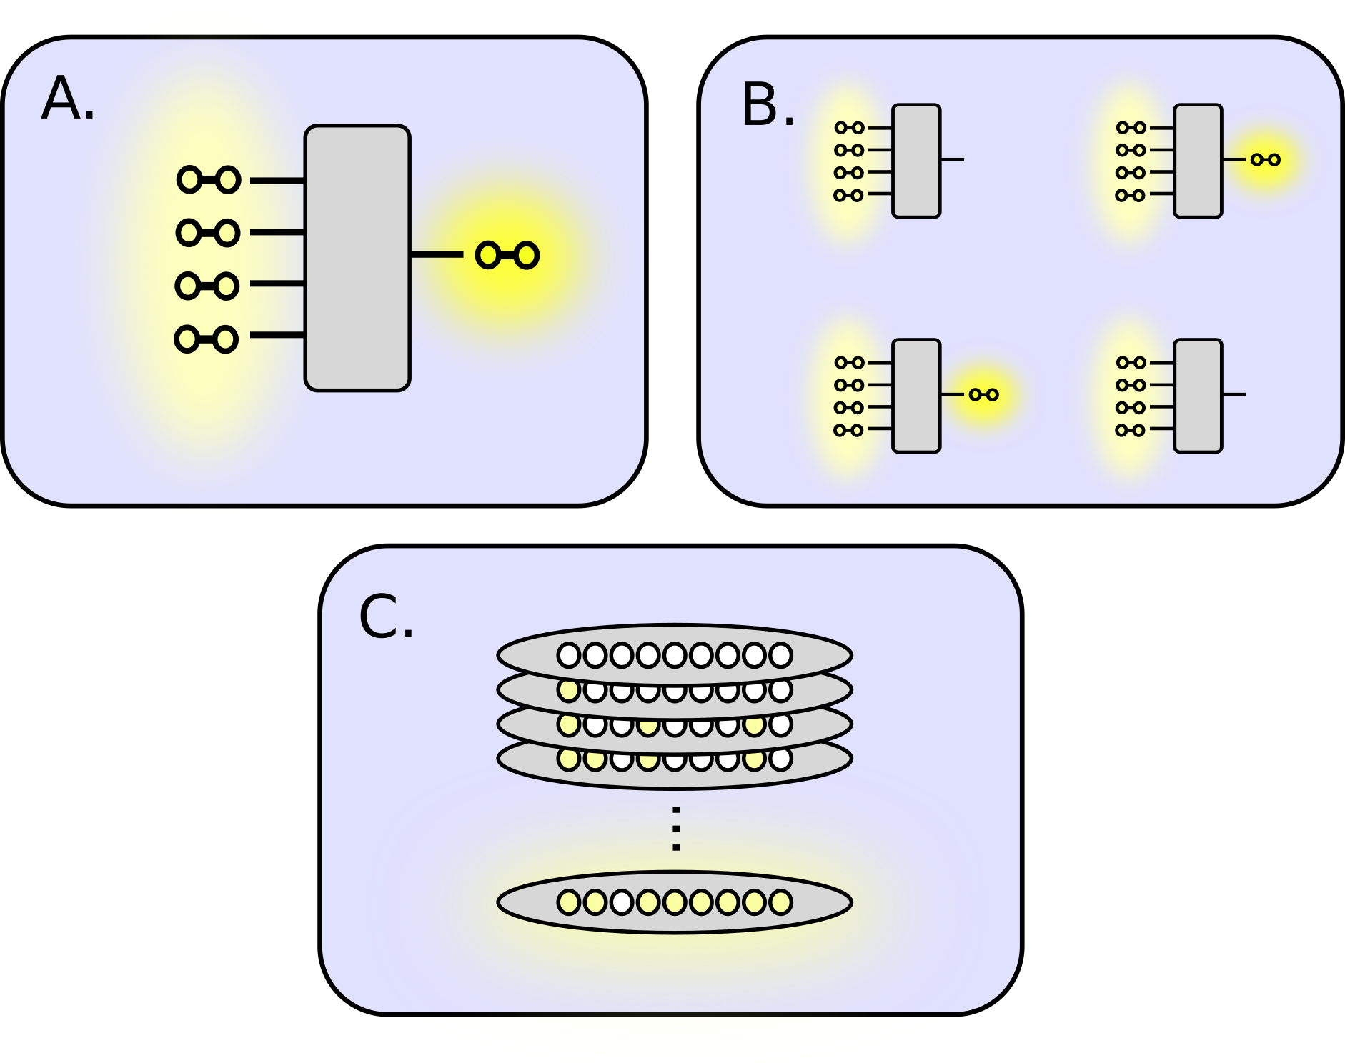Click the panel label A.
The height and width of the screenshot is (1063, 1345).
[x=67, y=99]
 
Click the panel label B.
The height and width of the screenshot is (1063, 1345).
[x=768, y=106]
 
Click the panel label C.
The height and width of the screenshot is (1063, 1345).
[x=386, y=617]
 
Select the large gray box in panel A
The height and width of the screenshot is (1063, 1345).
[x=357, y=258]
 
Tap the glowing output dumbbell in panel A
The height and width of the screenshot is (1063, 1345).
[x=507, y=255]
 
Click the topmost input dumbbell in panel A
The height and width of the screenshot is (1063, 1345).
[x=209, y=179]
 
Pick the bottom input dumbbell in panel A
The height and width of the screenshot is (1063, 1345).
[x=207, y=339]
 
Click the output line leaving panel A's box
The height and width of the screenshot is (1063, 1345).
[x=437, y=254]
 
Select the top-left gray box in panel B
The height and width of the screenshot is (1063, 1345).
[x=916, y=161]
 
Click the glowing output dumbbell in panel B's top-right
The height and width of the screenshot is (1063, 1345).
[x=1265, y=160]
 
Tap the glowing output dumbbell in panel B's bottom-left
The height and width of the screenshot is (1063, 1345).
[x=983, y=394]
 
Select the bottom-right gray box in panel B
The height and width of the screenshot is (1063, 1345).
[x=1198, y=396]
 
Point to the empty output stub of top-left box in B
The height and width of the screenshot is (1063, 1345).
[x=953, y=159]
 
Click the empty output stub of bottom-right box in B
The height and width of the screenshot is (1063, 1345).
[x=1234, y=394]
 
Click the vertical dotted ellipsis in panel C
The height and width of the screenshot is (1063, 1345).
[x=676, y=829]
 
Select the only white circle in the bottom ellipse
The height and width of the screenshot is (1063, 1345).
[x=622, y=902]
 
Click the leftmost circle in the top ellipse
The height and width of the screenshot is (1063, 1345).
[x=569, y=654]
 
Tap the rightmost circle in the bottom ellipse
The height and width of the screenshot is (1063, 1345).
[x=780, y=902]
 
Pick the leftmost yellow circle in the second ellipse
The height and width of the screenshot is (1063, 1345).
[x=569, y=689]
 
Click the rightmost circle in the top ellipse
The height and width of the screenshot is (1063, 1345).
[x=780, y=654]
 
